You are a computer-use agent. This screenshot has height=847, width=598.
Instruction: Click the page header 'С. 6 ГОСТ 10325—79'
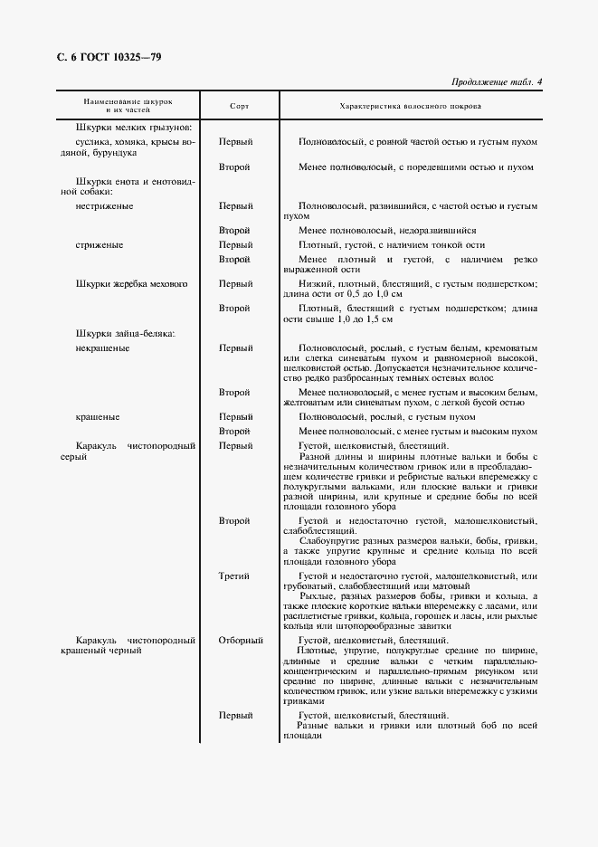(109, 57)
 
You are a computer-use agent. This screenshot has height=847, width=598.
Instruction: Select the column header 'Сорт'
(240, 106)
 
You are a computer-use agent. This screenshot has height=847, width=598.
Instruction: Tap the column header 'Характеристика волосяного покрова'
(410, 106)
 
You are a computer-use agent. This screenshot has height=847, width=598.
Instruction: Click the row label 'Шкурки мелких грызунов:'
(134, 128)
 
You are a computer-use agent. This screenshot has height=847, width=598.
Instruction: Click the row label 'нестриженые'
(105, 205)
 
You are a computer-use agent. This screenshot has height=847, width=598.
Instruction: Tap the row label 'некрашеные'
(102, 347)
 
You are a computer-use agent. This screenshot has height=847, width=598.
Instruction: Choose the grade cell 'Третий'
(235, 576)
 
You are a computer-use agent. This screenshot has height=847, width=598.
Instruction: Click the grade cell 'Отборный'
(241, 641)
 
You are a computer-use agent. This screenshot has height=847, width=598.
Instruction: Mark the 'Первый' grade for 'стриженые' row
(235, 245)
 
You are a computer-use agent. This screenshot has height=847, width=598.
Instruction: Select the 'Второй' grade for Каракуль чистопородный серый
(235, 521)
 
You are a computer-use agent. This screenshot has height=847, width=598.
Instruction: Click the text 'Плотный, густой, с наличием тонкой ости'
(392, 245)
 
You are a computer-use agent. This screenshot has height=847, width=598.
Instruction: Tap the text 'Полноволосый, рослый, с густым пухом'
(386, 417)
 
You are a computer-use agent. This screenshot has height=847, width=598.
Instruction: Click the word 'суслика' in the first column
(94, 142)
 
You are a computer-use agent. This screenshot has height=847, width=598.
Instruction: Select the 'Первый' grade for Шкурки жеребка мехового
(235, 284)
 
